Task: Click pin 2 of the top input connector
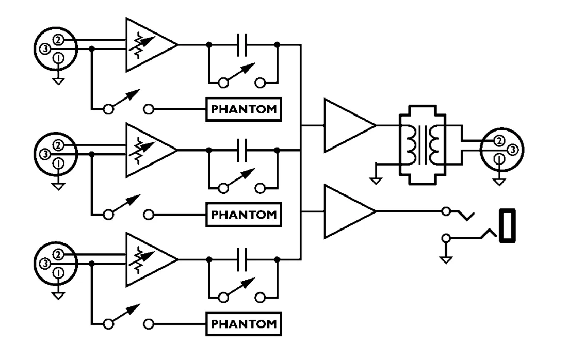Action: pyautogui.click(x=58, y=40)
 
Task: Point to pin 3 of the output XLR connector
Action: pyautogui.click(x=512, y=149)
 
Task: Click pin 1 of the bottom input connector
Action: pyautogui.click(x=58, y=273)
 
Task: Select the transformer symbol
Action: pyautogui.click(x=423, y=145)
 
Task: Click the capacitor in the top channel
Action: pyautogui.click(x=241, y=45)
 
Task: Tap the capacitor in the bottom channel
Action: pyautogui.click(x=241, y=259)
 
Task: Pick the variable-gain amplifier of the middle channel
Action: pyautogui.click(x=151, y=150)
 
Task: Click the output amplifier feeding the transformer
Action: pyautogui.click(x=350, y=125)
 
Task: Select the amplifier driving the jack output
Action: pyautogui.click(x=350, y=211)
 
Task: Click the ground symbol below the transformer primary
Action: pyautogui.click(x=376, y=180)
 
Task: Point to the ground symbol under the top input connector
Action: pyautogui.click(x=58, y=81)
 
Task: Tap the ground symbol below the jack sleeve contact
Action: pyautogui.click(x=446, y=259)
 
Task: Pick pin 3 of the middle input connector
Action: pyautogui.click(x=45, y=154)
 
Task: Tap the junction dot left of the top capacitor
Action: pyautogui.click(x=209, y=45)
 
